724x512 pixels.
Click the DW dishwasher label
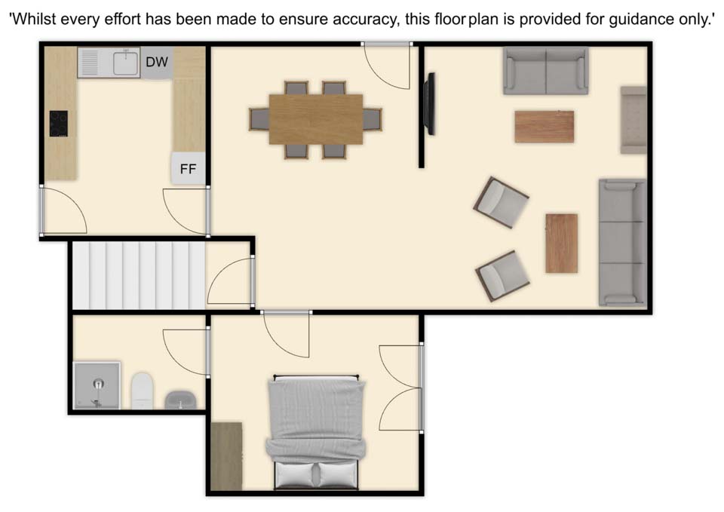tap(157, 62)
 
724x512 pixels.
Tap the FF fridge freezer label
tap(188, 170)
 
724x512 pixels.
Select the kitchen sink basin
tap(126, 63)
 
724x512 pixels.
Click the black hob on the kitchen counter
tap(59, 124)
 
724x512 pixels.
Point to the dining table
tap(316, 119)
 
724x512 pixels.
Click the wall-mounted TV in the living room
tap(431, 104)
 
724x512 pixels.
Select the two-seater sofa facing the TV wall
tap(546, 71)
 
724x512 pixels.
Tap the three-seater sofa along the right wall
tap(622, 242)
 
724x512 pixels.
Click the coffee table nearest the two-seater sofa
tap(545, 127)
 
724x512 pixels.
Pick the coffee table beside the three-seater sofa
tap(561, 243)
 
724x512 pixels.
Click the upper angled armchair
tap(501, 202)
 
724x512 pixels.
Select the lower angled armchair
tap(502, 276)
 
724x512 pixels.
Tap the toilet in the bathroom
tap(142, 391)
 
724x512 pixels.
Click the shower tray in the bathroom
tap(97, 385)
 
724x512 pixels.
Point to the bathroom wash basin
tap(180, 400)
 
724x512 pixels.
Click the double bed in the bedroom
tap(316, 432)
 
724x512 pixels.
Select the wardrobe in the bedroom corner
tap(227, 456)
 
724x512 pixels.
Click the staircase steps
tap(139, 276)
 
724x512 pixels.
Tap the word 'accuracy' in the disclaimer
tap(365, 20)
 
